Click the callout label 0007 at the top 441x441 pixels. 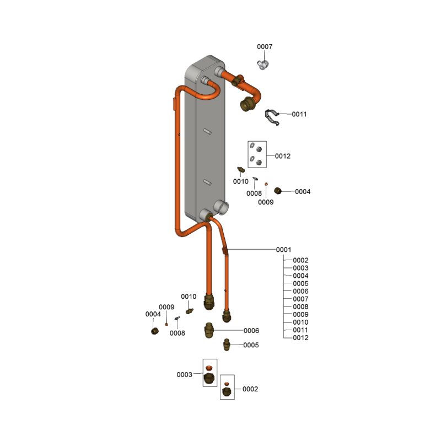click(x=265, y=46)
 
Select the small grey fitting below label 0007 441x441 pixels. click(x=263, y=64)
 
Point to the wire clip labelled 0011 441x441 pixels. click(x=272, y=117)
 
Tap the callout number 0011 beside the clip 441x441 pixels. click(x=299, y=114)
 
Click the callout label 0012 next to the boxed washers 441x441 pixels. click(x=283, y=156)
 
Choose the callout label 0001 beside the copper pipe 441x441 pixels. click(x=283, y=250)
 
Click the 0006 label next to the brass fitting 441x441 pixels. click(x=251, y=330)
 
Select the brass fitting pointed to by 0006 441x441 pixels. click(x=209, y=330)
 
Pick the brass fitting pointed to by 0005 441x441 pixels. click(x=227, y=345)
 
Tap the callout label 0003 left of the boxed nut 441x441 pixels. click(x=184, y=375)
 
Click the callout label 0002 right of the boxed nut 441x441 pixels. click(x=250, y=389)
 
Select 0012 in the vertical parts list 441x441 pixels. click(x=300, y=338)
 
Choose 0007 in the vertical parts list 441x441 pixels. click(x=300, y=299)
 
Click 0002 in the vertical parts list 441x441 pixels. click(x=300, y=260)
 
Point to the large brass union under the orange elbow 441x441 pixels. click(x=247, y=104)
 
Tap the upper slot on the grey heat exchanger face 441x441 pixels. click(x=207, y=131)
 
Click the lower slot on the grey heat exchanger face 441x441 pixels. click(x=207, y=182)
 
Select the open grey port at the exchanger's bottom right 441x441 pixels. click(x=222, y=208)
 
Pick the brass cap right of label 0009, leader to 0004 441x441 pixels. click(x=278, y=191)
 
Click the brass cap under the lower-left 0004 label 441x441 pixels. click(x=155, y=331)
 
